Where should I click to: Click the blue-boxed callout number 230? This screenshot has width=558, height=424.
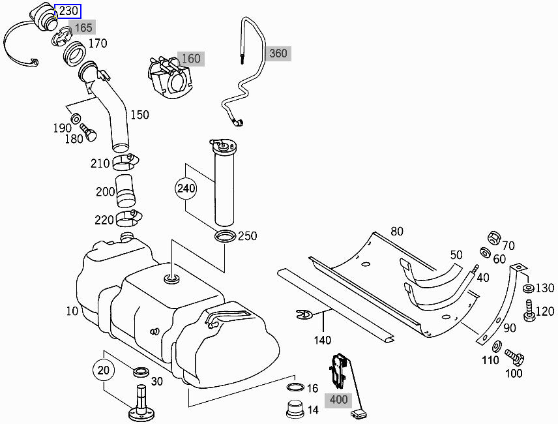coord(68,11)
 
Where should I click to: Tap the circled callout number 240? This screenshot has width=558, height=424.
coord(186,188)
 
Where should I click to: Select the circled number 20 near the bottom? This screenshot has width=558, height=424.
coord(104,371)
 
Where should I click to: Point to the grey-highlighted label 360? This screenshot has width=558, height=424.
coord(278,53)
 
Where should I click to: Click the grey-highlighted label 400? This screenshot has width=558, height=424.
coord(338,400)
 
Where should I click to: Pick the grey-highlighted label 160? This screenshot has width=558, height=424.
coord(191,59)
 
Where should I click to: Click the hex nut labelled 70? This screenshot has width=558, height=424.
coord(494,238)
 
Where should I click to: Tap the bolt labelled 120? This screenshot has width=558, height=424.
coord(529,310)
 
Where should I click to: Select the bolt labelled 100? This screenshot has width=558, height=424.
coord(514,356)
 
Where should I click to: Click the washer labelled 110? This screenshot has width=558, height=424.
coord(497,346)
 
